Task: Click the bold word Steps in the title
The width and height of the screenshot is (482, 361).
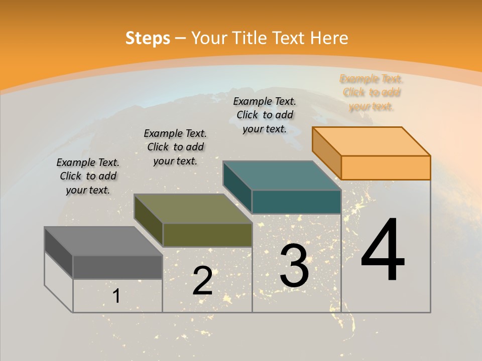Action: (148, 38)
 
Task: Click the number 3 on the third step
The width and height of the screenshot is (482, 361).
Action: (294, 266)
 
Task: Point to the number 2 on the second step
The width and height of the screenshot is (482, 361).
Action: (202, 281)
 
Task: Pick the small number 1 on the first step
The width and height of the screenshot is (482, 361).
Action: (116, 296)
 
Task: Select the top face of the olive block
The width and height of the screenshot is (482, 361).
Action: (193, 209)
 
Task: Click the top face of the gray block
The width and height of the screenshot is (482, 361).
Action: (103, 241)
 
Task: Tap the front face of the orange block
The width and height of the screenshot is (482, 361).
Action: (386, 167)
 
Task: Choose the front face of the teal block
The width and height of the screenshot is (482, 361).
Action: (296, 202)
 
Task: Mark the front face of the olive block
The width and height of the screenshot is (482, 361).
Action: (207, 235)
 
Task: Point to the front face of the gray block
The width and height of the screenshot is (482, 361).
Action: (117, 267)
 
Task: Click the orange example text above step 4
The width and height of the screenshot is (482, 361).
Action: (372, 93)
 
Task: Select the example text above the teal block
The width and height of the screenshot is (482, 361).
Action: (265, 115)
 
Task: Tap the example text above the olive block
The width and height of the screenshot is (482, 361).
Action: (175, 147)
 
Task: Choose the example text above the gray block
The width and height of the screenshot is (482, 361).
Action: (88, 176)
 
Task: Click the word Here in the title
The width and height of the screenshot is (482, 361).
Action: (329, 38)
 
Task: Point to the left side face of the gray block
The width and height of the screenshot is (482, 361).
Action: (58, 253)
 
